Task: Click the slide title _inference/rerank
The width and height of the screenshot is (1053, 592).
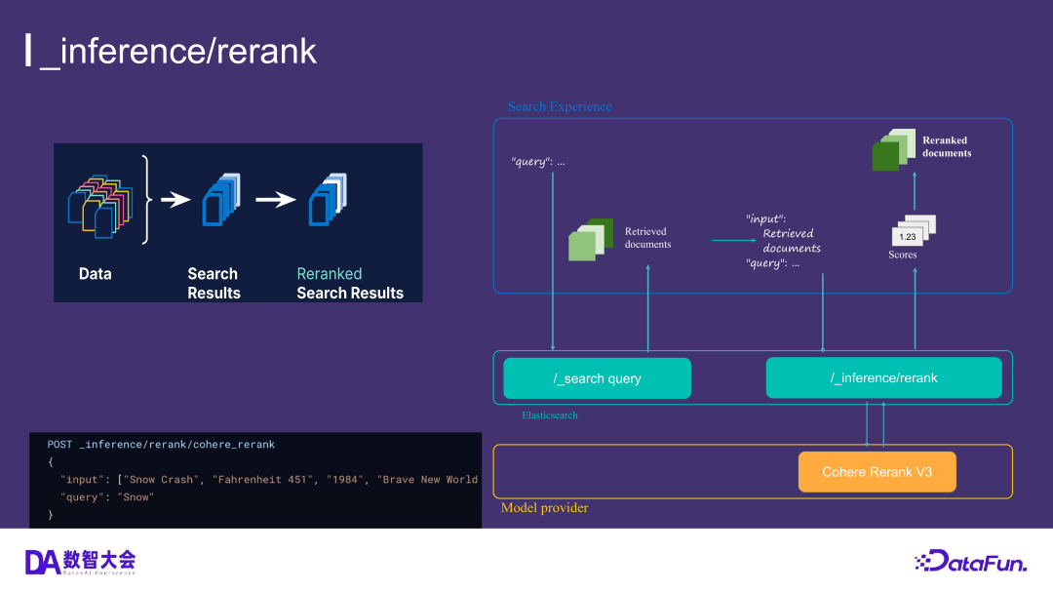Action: point(178,51)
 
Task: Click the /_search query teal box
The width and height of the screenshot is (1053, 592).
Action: point(597,378)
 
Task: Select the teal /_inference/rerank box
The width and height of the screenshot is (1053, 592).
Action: point(883,377)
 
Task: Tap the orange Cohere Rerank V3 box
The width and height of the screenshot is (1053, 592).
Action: point(877,472)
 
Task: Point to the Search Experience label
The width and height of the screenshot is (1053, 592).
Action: point(560,106)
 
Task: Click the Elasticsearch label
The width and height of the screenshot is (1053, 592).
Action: point(549,414)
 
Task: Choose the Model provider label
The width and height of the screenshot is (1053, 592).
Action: point(544,508)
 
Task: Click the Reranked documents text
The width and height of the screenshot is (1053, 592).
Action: point(946,146)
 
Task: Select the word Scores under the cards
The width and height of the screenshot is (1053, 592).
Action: point(902,255)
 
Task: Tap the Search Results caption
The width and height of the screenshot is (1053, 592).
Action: point(214,283)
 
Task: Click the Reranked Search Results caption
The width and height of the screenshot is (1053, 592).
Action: point(349,283)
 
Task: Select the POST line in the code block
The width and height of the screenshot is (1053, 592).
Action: point(161,445)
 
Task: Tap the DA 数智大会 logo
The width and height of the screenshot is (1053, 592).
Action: point(80,561)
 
